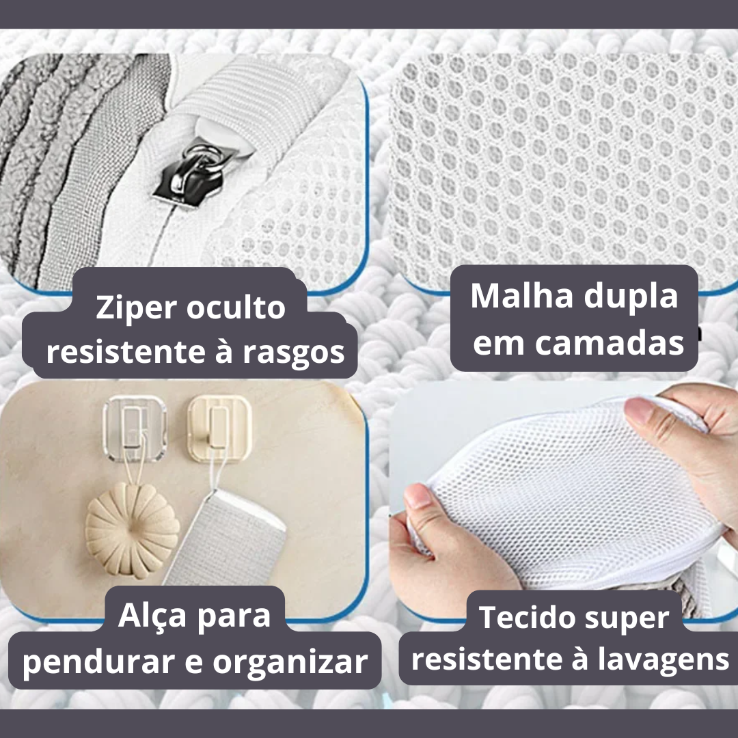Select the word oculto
tap(236, 307)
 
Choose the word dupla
tap(631, 298)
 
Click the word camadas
tap(609, 343)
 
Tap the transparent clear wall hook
tap(135, 428)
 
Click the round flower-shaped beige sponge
tap(133, 530)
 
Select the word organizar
tap(290, 662)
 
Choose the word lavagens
tap(664, 661)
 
